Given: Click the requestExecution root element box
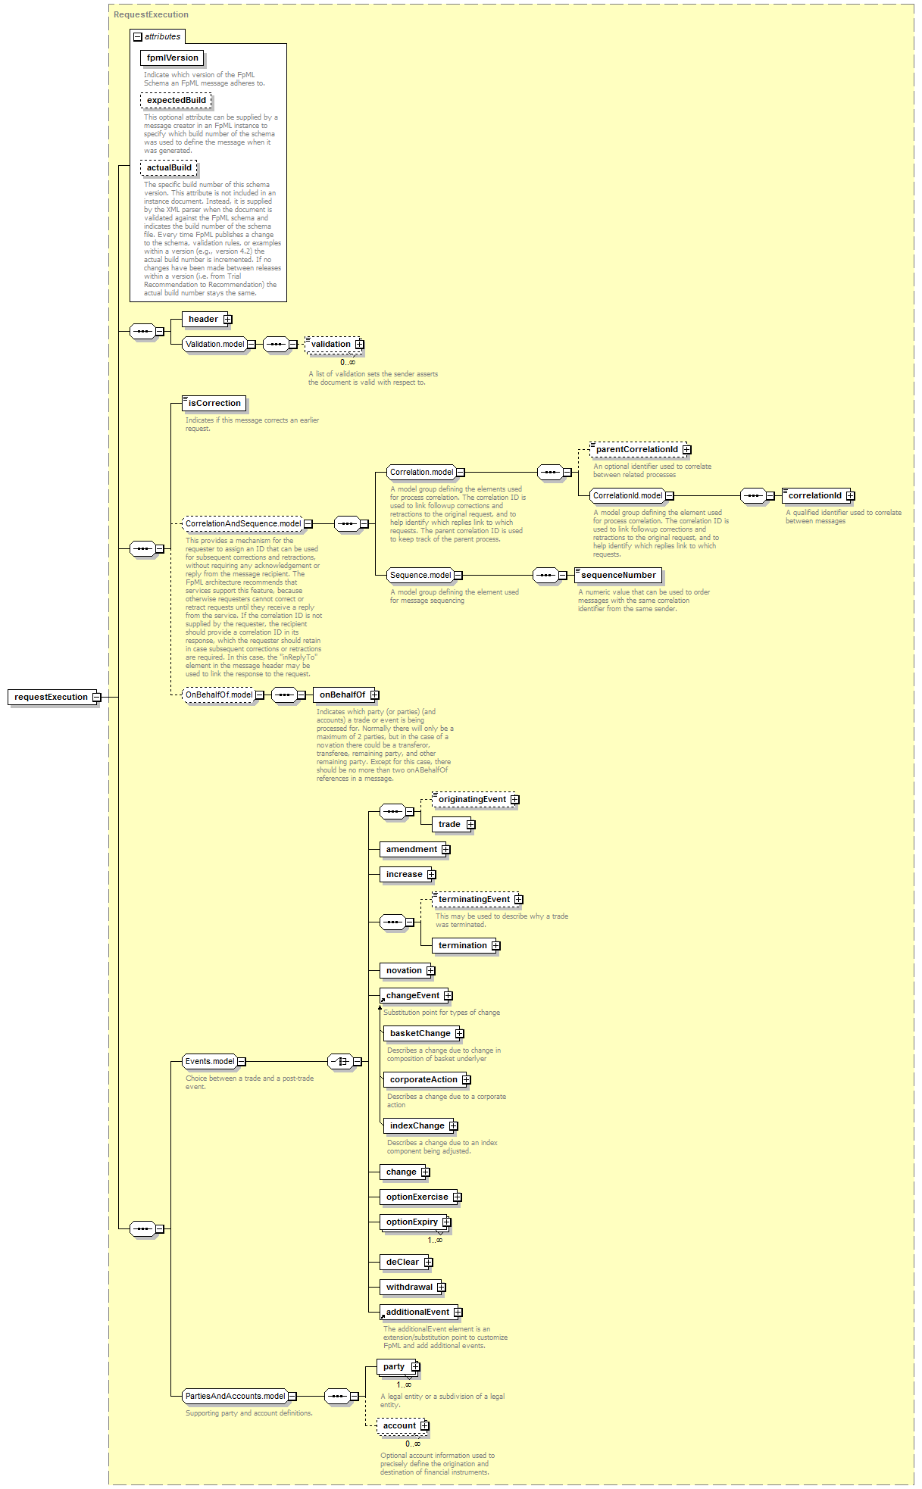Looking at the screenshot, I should (51, 697).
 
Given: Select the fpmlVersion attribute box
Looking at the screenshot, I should (172, 58).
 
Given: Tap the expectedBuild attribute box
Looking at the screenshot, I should (176, 100).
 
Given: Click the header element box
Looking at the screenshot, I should (203, 320).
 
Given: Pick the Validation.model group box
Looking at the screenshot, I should (215, 344).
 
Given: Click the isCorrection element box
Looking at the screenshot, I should (214, 404).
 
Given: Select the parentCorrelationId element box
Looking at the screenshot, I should (637, 450).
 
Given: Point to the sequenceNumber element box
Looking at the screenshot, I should (618, 576).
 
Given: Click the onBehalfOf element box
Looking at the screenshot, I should (342, 695).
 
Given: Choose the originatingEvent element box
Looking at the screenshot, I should (472, 800).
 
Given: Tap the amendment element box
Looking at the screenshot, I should (411, 850).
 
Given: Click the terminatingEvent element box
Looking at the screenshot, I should (474, 900).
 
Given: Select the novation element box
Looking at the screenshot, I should (404, 971).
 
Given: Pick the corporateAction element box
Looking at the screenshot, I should (423, 1080).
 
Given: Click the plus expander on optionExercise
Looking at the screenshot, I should (457, 1197).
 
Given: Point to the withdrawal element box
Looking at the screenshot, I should (409, 1288).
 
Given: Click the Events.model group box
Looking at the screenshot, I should (210, 1062).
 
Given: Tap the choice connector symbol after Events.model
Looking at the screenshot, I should (340, 1062).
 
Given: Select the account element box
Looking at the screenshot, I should (399, 1426).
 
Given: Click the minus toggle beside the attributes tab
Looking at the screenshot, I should (138, 36).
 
